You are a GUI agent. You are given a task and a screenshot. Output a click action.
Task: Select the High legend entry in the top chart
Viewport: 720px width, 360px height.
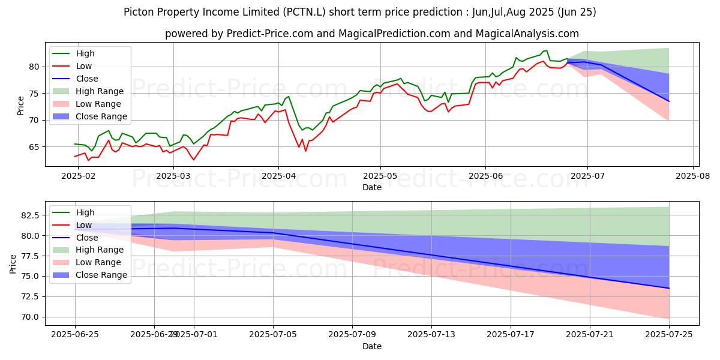(x=86, y=53)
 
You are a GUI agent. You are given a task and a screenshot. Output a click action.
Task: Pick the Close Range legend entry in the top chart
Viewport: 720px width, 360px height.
(x=101, y=116)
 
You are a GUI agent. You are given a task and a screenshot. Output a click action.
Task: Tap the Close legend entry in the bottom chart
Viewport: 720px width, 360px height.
(x=87, y=238)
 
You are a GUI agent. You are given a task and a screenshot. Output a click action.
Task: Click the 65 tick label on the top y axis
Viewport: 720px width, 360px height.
(x=35, y=147)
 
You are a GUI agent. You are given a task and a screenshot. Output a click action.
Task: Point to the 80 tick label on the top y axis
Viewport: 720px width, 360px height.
(x=35, y=67)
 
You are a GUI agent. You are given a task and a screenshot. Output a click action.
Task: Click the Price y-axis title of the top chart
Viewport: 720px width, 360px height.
(x=21, y=106)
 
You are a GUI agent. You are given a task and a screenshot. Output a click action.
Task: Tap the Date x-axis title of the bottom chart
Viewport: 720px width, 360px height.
(x=372, y=347)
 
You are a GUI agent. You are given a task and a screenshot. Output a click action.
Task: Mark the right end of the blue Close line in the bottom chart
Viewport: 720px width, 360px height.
(x=669, y=288)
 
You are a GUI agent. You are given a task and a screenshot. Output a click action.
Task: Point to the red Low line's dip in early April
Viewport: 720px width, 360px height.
(x=305, y=151)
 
